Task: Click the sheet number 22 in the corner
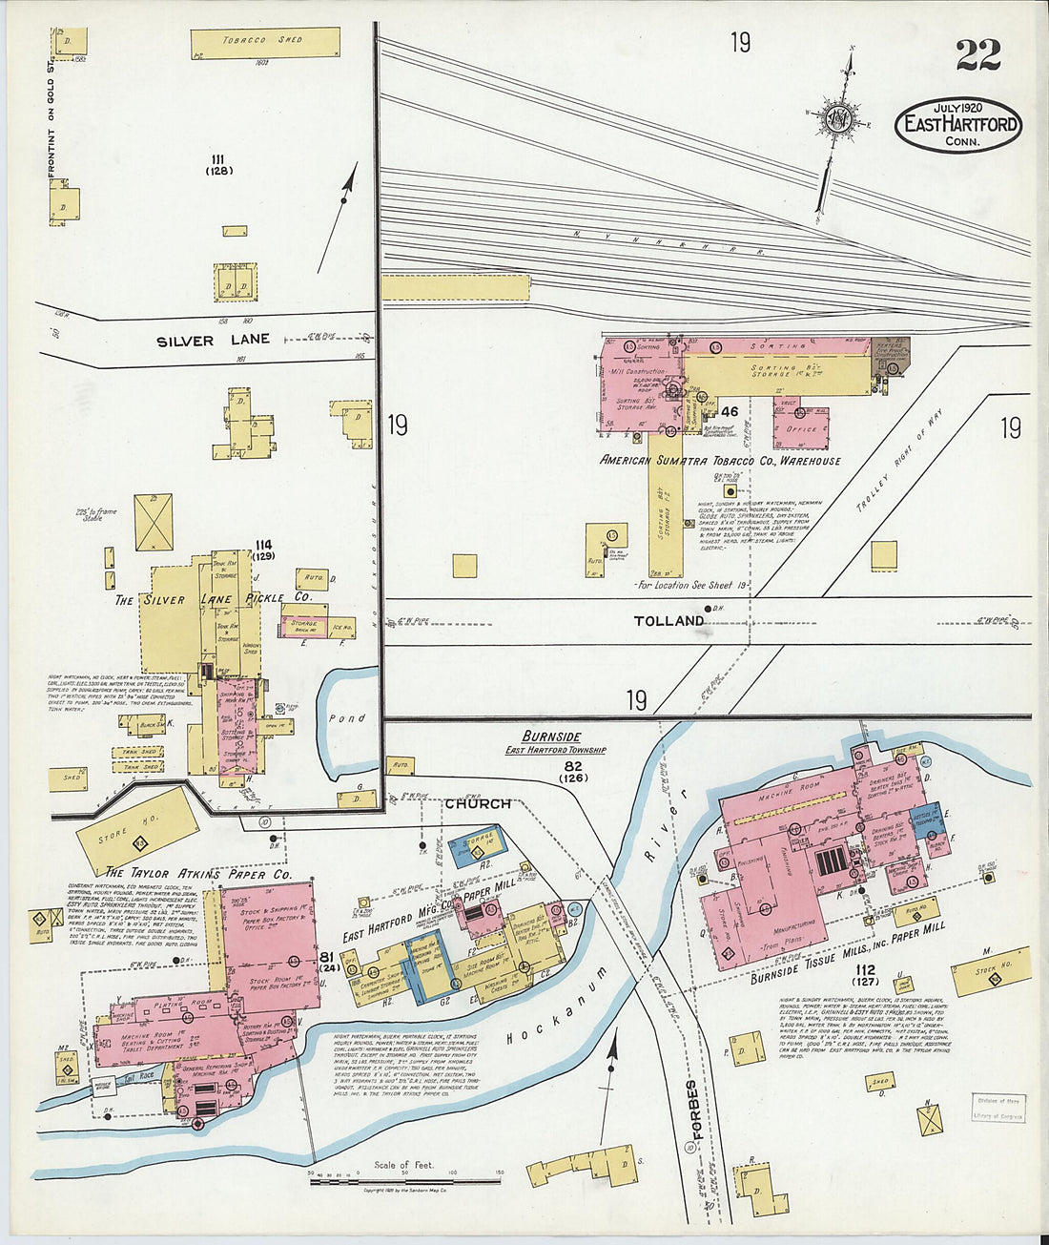click(x=977, y=55)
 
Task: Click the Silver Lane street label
click(x=214, y=340)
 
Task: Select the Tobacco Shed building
click(x=264, y=42)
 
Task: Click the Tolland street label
click(x=668, y=621)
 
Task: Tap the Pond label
click(x=346, y=718)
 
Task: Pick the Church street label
click(x=477, y=804)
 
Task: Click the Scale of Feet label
click(x=404, y=1165)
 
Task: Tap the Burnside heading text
click(x=551, y=737)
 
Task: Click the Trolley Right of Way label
click(x=892, y=471)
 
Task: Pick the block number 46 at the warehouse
click(x=730, y=411)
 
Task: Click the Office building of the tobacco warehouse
click(x=800, y=429)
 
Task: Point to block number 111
click(x=218, y=158)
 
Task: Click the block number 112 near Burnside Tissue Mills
click(x=865, y=970)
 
